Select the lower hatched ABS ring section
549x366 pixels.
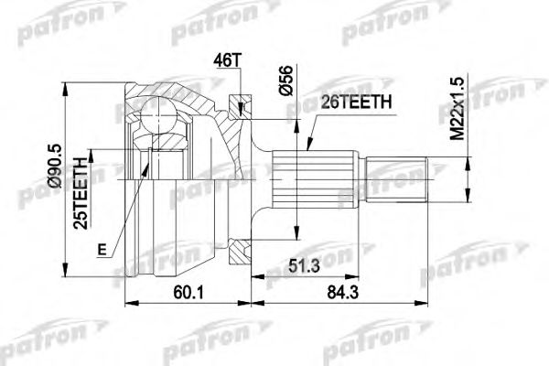point(241,251)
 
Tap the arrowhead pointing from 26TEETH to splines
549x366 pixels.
point(308,152)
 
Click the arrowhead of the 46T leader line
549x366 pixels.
point(239,111)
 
